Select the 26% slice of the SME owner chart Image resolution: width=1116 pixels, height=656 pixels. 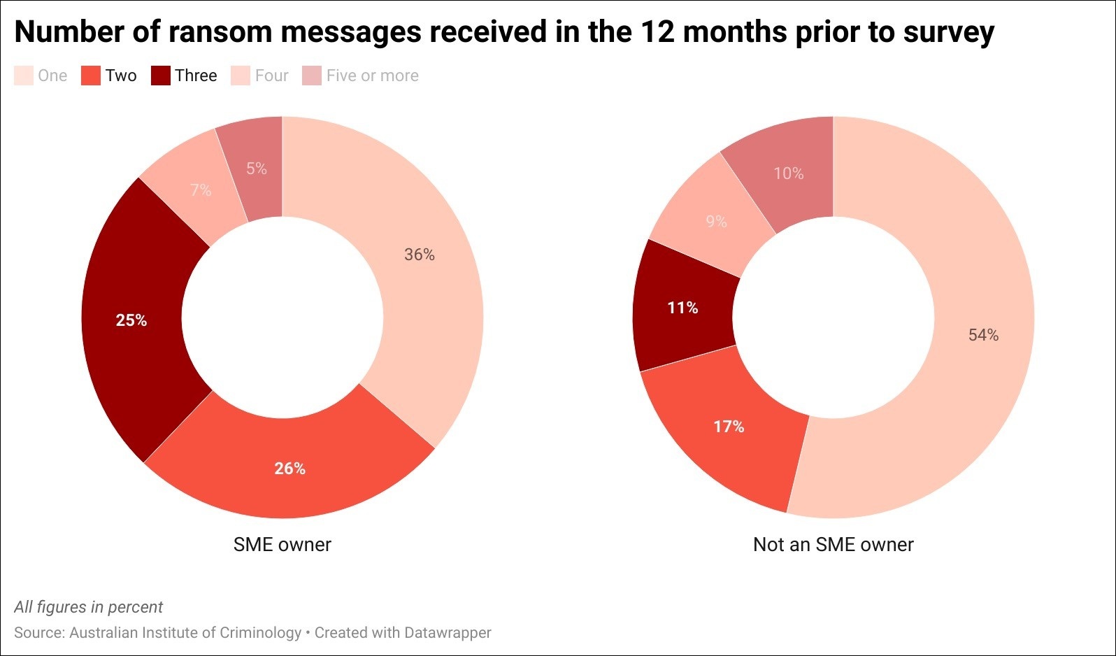[x=289, y=468]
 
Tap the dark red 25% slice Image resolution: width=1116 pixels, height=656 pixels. [x=131, y=320]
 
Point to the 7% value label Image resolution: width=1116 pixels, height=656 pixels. [x=201, y=190]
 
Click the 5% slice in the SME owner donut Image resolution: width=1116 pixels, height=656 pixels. [x=256, y=169]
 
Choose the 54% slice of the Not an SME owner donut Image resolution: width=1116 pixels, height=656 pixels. [x=983, y=335]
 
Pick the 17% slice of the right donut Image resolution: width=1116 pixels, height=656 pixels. [x=729, y=426]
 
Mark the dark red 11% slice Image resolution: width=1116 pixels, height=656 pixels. [x=682, y=308]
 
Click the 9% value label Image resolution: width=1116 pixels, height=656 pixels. [x=716, y=222]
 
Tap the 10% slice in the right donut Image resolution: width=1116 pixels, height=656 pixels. [x=788, y=173]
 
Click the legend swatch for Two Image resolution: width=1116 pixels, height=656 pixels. [x=91, y=76]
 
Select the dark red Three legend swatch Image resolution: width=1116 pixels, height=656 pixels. [x=161, y=76]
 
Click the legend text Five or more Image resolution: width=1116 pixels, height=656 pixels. [x=372, y=76]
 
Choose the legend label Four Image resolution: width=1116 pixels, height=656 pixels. [x=271, y=76]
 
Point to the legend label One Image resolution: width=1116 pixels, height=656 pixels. [x=52, y=76]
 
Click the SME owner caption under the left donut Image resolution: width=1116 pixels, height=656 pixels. [x=282, y=544]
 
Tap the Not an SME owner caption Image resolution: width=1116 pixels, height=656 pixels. [x=833, y=544]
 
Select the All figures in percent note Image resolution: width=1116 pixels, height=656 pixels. [x=88, y=607]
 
